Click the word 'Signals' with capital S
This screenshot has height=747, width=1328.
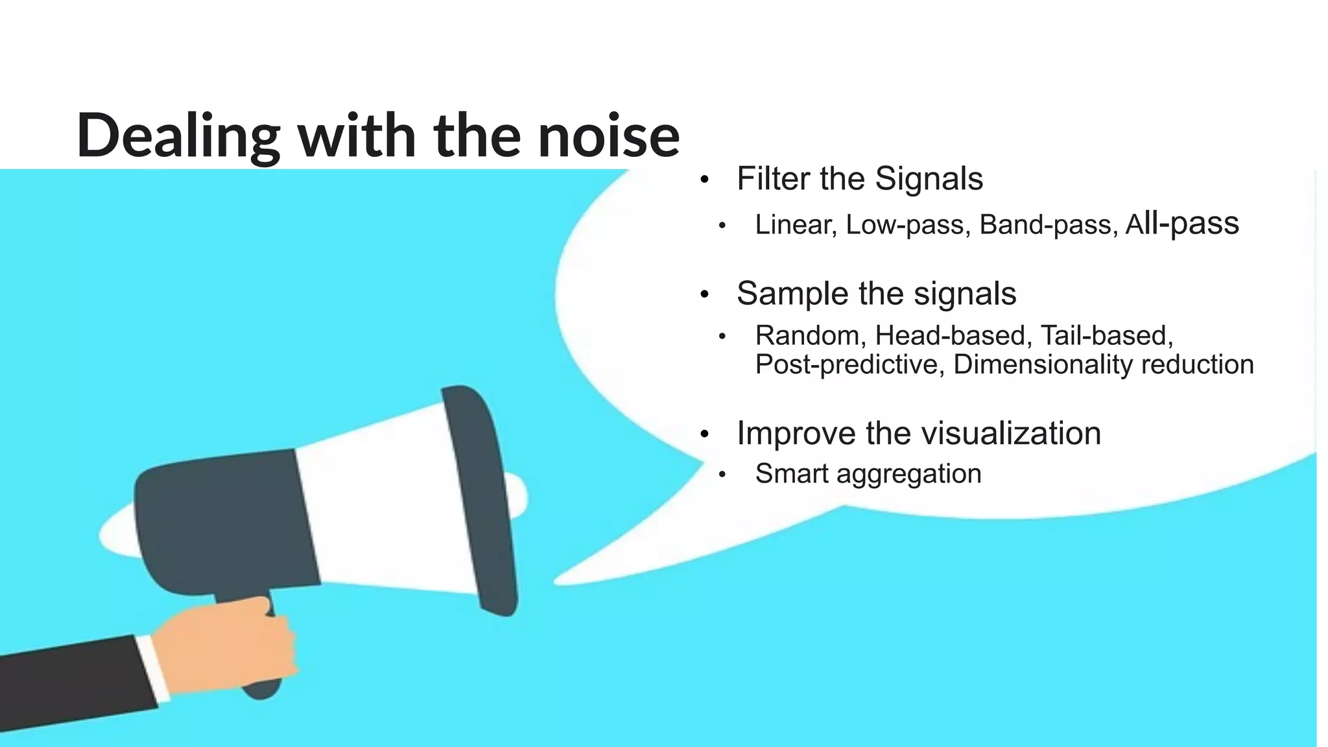pyautogui.click(x=929, y=179)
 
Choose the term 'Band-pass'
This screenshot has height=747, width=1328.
pyautogui.click(x=1049, y=225)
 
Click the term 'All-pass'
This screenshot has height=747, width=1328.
pyautogui.click(x=1182, y=224)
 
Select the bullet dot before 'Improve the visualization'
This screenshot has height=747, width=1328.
pyautogui.click(x=705, y=434)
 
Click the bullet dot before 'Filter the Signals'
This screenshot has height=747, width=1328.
pyautogui.click(x=705, y=180)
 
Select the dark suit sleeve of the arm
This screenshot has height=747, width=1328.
pyautogui.click(x=71, y=687)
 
